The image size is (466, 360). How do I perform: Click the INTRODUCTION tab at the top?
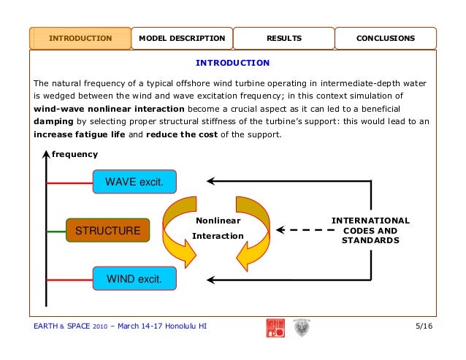80,38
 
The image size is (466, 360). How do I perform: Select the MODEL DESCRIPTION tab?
182,38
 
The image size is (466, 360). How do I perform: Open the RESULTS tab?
283,38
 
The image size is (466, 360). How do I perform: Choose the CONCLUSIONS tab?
385,38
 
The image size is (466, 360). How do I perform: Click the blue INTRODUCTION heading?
233,63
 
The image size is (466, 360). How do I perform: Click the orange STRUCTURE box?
107,231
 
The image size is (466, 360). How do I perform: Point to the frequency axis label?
74,155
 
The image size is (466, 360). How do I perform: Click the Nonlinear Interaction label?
217,227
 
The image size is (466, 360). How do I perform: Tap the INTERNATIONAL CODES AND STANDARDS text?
370,230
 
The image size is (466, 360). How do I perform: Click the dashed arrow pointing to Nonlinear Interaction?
303,231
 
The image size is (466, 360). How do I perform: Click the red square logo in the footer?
275,326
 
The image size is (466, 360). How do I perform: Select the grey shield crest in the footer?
300,327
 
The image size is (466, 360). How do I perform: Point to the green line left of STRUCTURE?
56,231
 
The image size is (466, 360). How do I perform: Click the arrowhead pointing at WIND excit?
212,278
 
